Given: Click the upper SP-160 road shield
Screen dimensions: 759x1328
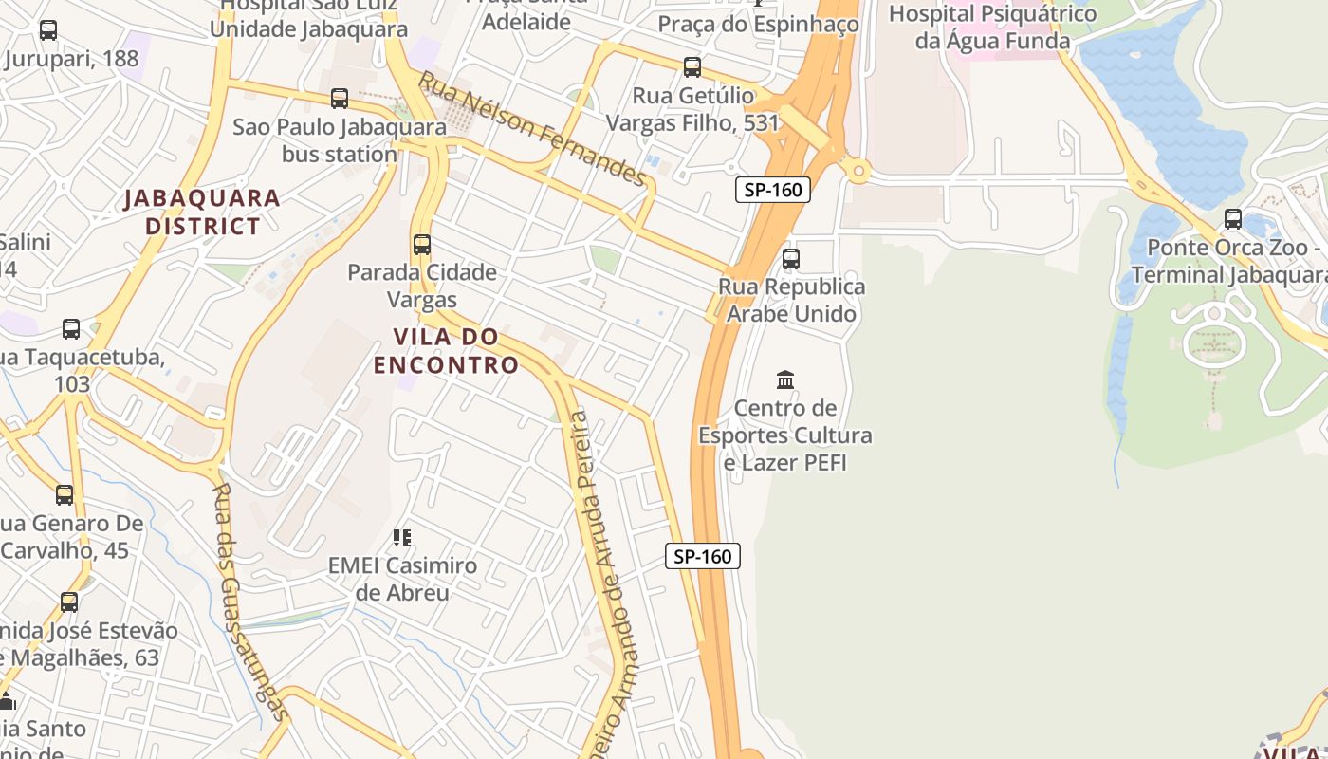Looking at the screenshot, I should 773,190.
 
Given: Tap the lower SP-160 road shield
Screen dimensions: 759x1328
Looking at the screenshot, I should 703,556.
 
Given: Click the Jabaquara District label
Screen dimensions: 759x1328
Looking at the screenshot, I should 202,213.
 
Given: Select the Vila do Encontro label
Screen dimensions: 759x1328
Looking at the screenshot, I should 446,351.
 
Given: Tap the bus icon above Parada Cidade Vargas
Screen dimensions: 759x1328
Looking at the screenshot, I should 422,245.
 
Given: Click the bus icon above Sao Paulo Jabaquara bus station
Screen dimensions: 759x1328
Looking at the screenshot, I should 340,98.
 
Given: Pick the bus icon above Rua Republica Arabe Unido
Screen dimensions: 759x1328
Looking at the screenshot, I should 791,258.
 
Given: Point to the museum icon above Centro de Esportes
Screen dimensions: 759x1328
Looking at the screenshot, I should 785,380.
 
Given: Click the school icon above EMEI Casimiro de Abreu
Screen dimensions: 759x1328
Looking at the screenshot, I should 402,538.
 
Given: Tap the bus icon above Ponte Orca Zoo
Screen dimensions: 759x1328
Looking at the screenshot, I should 1233,219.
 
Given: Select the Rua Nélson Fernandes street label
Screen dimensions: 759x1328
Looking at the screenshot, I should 532,128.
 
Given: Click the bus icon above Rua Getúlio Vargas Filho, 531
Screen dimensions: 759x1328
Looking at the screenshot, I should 692,67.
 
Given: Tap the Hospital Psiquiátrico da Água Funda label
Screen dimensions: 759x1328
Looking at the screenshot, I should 992,28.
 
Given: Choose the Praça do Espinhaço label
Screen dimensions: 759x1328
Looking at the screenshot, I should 758,24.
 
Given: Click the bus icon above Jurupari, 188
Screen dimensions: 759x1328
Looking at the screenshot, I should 48,30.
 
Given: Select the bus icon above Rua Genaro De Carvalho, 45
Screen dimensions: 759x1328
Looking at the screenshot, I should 65,495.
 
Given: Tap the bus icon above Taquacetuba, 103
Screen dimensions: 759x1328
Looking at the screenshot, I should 71,329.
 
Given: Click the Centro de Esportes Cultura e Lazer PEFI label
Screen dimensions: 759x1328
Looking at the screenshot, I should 785,435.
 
